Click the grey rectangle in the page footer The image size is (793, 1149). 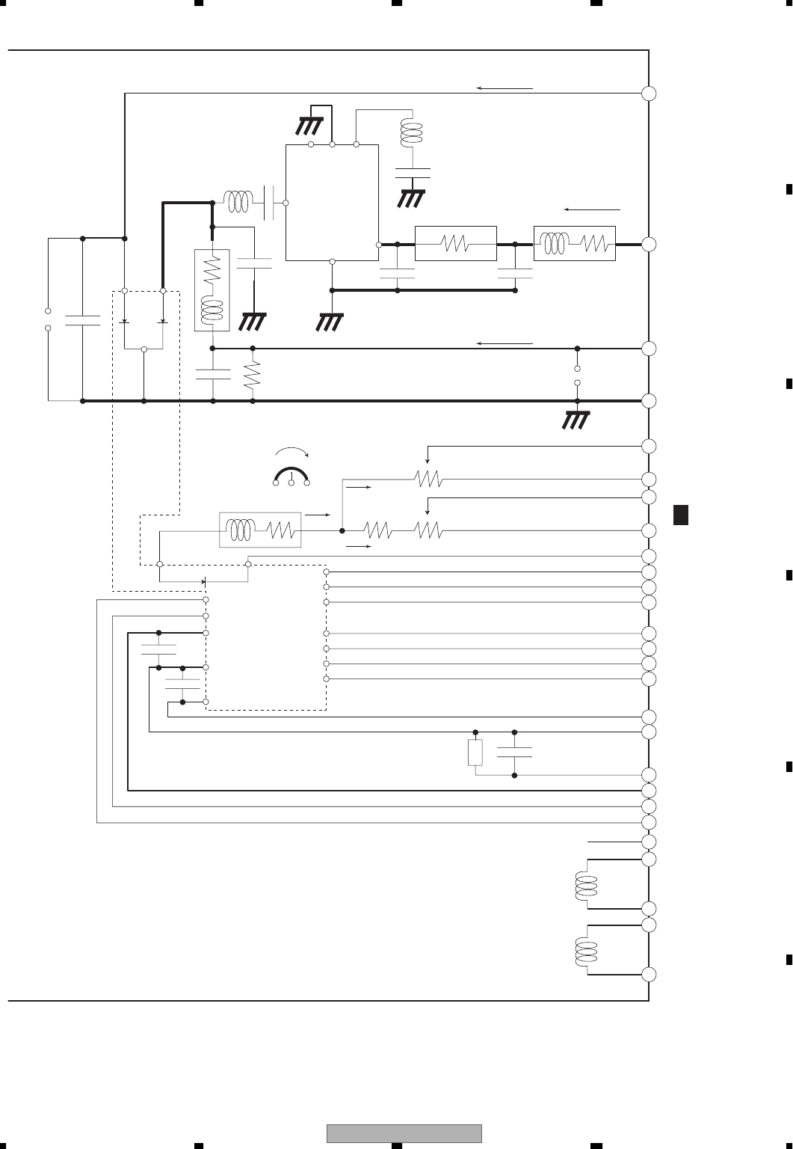[x=404, y=1133]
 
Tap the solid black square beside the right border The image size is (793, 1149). [x=679, y=515]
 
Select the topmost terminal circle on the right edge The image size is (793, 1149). [x=649, y=94]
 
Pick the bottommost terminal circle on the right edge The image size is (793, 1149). [x=649, y=975]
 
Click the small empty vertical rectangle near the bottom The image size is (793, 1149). [x=475, y=753]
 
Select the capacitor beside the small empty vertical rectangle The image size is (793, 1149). [x=515, y=752]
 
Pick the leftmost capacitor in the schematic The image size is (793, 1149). [x=82, y=321]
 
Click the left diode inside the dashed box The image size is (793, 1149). [x=125, y=321]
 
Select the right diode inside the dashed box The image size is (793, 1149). [x=162, y=321]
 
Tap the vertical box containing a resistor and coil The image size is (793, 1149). [x=212, y=289]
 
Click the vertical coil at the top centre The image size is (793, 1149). [x=410, y=134]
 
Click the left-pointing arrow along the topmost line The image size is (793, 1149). [x=505, y=88]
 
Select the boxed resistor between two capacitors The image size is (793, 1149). [x=455, y=244]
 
